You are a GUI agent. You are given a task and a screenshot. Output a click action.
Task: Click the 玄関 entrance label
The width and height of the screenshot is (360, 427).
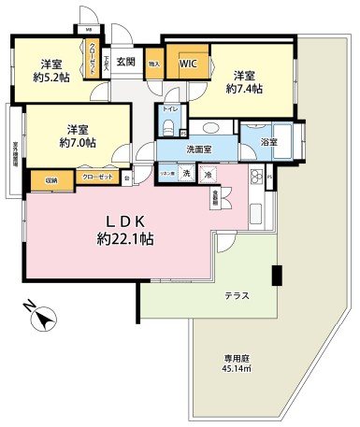[x=125, y=64]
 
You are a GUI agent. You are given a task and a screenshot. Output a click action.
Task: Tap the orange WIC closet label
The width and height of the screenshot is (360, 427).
[x=187, y=64]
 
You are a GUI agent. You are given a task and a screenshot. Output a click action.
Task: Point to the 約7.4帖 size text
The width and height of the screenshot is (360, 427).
[x=245, y=92]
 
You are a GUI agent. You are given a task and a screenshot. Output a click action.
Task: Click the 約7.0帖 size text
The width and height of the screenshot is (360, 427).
[x=77, y=143]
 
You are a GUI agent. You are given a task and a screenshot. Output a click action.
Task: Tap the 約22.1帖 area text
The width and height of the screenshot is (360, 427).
[x=124, y=239]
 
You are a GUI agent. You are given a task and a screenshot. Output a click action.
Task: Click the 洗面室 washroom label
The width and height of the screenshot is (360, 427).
[x=197, y=147]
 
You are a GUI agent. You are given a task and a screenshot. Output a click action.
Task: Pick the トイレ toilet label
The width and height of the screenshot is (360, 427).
[x=169, y=110]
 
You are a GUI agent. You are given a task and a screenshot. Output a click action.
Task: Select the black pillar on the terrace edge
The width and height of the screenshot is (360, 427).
[x=277, y=277]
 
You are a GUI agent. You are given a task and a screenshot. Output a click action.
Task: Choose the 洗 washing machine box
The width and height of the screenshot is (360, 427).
[x=186, y=175]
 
